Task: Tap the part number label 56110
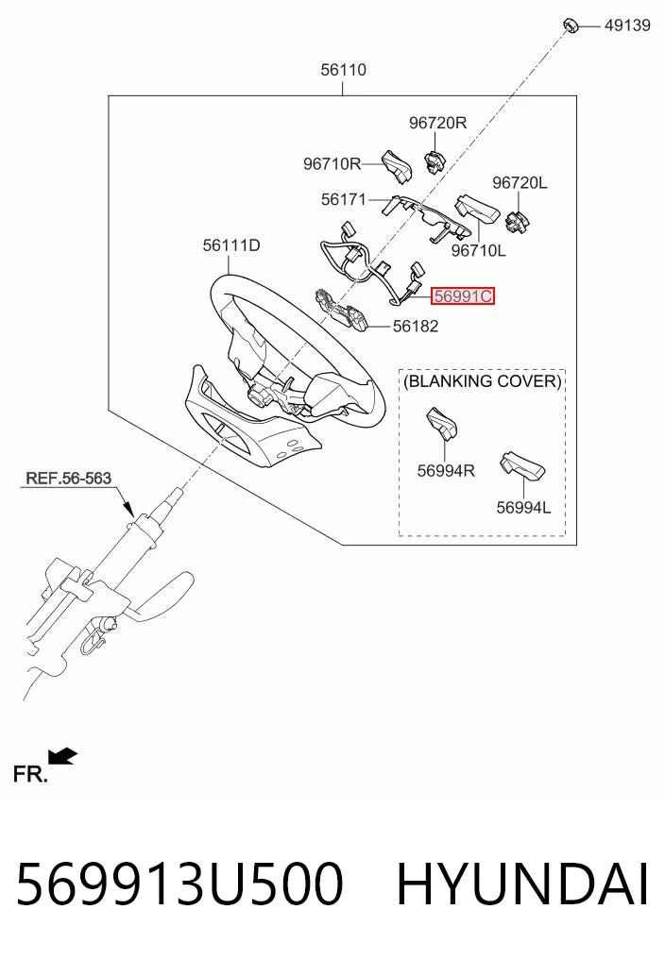pyautogui.click(x=343, y=70)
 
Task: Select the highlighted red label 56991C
pyautogui.click(x=463, y=296)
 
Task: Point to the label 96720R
pyautogui.click(x=437, y=123)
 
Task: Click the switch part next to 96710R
pyautogui.click(x=398, y=166)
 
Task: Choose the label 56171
pyautogui.click(x=343, y=199)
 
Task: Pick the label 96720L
pyautogui.click(x=520, y=182)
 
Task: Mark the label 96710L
pyautogui.click(x=479, y=250)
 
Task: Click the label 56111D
pyautogui.click(x=231, y=245)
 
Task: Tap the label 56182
pyautogui.click(x=416, y=327)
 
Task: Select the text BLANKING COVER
pyautogui.click(x=483, y=381)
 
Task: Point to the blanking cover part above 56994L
pyautogui.click(x=522, y=466)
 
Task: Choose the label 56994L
pyautogui.click(x=523, y=508)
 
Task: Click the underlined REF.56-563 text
pyautogui.click(x=68, y=479)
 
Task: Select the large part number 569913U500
pyautogui.click(x=179, y=884)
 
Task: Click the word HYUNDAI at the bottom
pyautogui.click(x=522, y=884)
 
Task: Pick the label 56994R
pyautogui.click(x=446, y=471)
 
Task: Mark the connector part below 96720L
pyautogui.click(x=517, y=219)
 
